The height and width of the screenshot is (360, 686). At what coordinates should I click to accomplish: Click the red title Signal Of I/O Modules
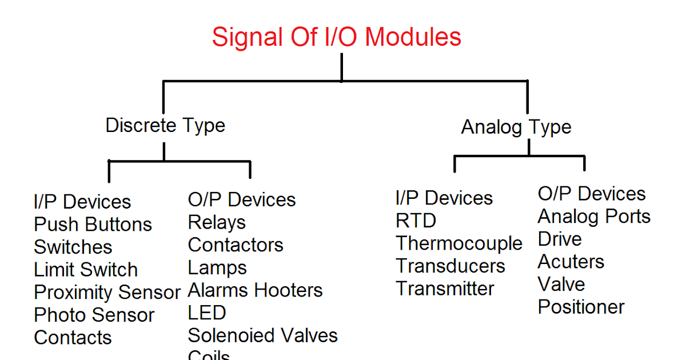coord(336,38)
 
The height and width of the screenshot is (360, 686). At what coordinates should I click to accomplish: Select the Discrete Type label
coord(165,125)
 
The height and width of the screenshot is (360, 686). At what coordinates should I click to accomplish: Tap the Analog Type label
coord(516,127)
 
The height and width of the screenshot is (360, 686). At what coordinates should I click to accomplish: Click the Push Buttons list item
coord(93,225)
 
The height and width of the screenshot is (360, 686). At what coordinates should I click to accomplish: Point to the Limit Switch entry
coord(86,270)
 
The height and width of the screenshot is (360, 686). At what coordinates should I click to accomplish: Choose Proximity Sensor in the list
coord(107,293)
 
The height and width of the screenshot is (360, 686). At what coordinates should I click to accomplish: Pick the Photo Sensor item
coord(94,315)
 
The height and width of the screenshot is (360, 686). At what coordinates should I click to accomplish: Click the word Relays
coord(217,222)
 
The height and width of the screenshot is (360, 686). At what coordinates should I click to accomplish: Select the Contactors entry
coord(236,245)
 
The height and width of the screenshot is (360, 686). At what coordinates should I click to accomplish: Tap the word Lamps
coord(217,268)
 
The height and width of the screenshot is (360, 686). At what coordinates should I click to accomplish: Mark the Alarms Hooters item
coord(255,290)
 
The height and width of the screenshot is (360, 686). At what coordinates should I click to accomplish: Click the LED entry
coord(207,313)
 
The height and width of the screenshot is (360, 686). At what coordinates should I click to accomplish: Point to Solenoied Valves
coord(262,335)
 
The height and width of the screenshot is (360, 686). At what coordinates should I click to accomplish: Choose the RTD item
coord(416,221)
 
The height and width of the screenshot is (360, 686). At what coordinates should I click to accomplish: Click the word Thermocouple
coord(459,243)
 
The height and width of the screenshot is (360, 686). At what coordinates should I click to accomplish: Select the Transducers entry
coord(450,266)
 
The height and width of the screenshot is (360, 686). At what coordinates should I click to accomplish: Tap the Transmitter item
coord(445,289)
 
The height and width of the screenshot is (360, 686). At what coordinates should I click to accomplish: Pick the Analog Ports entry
coord(594,217)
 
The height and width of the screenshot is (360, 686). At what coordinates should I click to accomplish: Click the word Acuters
coord(571,262)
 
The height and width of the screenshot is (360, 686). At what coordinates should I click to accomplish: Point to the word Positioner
coord(581,307)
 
